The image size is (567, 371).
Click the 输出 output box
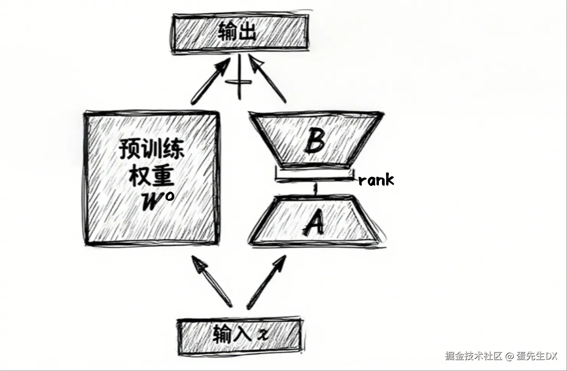241,33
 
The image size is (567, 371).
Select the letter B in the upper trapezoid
315,140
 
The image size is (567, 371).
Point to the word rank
376,179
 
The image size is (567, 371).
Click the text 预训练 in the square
151,149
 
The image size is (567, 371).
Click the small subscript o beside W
169,196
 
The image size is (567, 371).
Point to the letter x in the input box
262,335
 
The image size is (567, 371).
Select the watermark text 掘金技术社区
473,356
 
